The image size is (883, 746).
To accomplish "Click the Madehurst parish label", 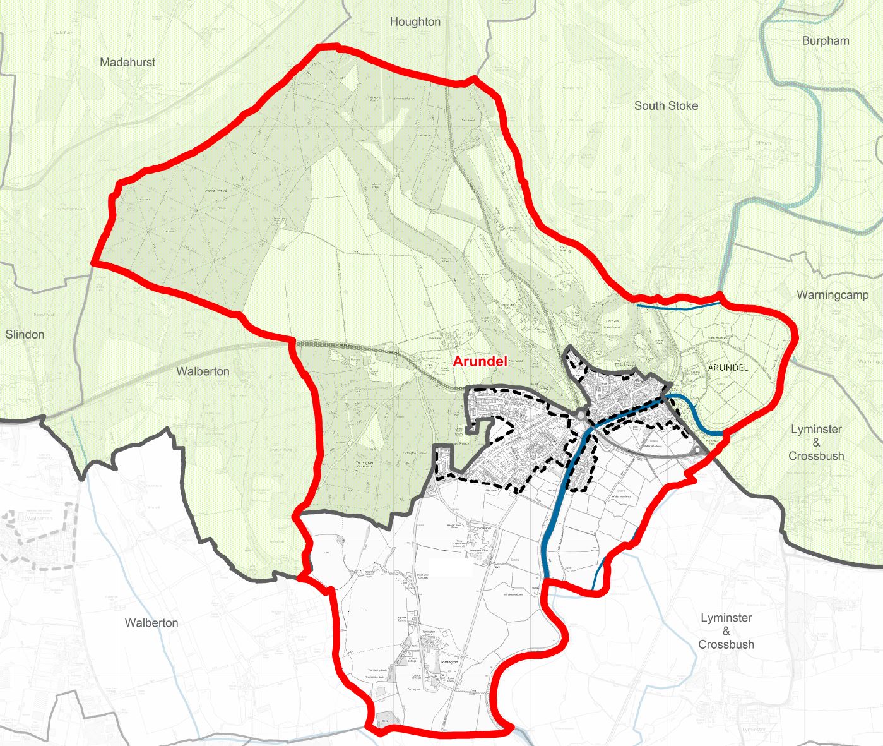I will tap(127, 63).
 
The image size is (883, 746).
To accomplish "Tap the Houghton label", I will tap(415, 22).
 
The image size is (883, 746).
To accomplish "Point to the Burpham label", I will tap(825, 41).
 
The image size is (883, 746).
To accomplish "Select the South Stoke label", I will tap(666, 106).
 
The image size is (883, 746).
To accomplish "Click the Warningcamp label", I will tap(833, 295).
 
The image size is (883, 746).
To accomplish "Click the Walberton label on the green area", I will tap(203, 371).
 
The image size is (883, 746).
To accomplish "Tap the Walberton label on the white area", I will tap(151, 623).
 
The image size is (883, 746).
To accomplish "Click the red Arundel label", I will tap(480, 362).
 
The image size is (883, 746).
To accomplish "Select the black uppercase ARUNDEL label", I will tap(728, 368).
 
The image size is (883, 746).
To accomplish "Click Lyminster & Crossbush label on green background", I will tap(816, 442).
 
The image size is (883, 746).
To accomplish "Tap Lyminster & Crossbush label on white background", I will tap(726, 631).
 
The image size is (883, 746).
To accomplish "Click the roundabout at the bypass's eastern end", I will tap(697, 450).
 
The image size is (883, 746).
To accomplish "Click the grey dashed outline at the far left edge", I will tap(38, 540).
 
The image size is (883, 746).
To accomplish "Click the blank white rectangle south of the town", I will tap(450, 567).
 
